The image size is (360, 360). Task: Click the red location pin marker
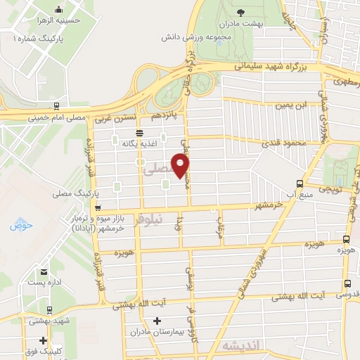point(181,165)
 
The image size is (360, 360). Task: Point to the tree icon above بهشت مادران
point(241,12)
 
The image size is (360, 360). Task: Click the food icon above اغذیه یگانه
point(139,132)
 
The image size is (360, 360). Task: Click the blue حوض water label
point(17,226)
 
